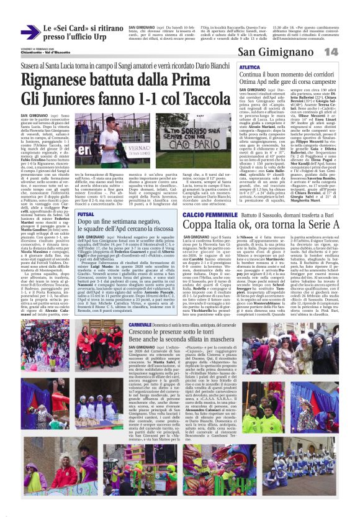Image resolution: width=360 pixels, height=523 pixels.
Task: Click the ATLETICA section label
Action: (250, 66)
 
